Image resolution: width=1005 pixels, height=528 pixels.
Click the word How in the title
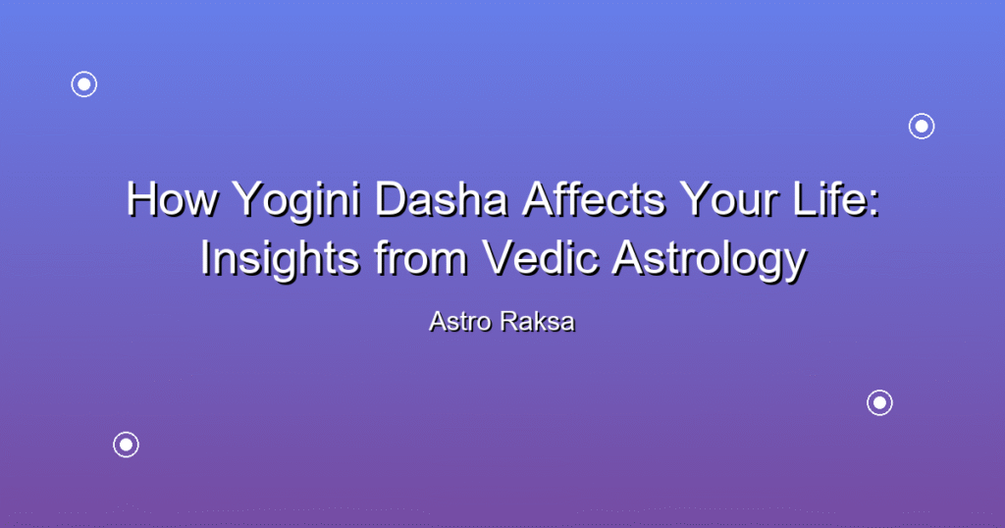coord(172,199)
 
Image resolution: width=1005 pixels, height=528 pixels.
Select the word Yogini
coord(296,203)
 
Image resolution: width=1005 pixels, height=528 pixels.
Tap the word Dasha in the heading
coord(441,199)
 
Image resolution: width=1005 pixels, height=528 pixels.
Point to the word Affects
coord(594,199)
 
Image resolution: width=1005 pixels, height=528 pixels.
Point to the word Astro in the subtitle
coord(460,322)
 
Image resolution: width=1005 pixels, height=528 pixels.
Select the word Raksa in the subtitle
coord(538,322)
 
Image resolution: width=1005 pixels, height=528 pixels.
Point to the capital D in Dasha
coord(391,199)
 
